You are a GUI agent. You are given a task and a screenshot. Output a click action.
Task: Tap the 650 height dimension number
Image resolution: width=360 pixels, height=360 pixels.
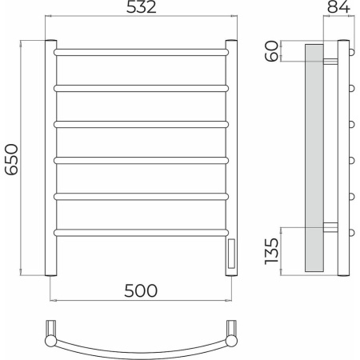coord(11,157)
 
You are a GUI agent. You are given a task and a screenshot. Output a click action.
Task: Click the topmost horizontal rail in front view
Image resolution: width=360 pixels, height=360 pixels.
coord(141,52)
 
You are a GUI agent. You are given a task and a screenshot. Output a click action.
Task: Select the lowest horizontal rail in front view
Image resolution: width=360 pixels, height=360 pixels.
coord(141,232)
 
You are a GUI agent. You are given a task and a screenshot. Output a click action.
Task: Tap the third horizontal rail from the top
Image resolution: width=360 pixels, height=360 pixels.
coord(141,124)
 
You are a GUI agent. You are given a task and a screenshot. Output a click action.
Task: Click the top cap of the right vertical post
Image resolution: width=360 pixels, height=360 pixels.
coord(231,42)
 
